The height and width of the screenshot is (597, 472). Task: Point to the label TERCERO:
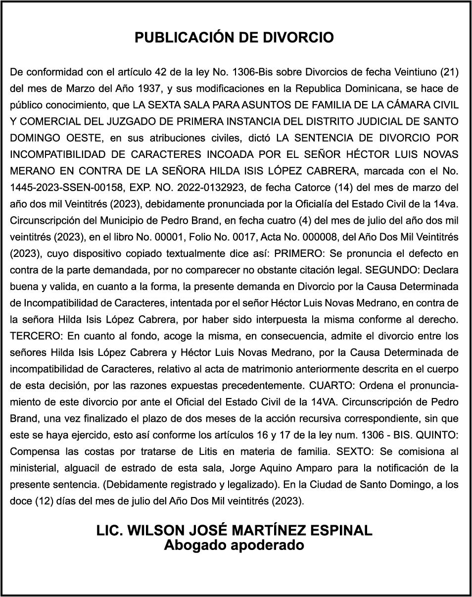point(36,336)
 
